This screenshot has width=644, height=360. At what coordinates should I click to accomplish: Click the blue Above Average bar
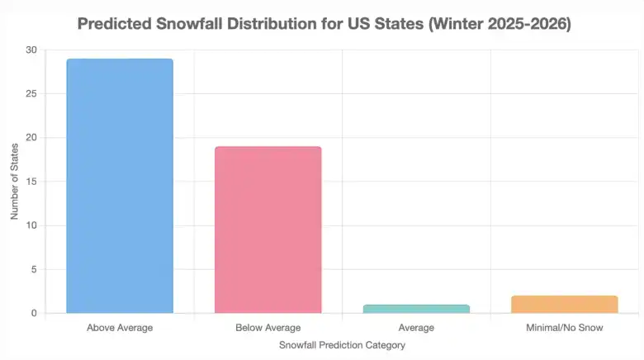120,186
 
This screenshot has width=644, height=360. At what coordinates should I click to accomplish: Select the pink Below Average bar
268,230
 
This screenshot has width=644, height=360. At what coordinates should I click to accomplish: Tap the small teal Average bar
416,309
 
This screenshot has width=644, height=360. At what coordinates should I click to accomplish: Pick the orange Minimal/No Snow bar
565,304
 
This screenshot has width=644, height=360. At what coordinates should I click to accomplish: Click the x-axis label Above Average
120,328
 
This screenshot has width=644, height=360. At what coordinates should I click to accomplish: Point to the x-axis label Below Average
268,328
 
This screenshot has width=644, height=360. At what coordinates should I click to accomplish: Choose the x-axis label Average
416,328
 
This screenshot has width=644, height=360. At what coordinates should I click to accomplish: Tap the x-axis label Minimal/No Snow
565,328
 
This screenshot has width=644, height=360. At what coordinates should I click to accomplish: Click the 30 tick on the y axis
31,50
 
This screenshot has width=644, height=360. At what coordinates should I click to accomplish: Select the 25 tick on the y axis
31,93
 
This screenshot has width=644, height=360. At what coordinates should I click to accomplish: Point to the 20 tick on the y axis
31,137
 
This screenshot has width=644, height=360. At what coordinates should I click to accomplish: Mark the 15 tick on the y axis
31,181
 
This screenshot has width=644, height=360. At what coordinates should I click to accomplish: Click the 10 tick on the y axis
31,225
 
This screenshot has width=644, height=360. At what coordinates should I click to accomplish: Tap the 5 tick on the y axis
33,269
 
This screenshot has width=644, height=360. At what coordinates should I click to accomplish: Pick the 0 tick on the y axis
33,313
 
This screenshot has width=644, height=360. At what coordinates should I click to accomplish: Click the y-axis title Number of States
14,181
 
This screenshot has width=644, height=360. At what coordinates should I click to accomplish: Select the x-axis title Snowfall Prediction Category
342,345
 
